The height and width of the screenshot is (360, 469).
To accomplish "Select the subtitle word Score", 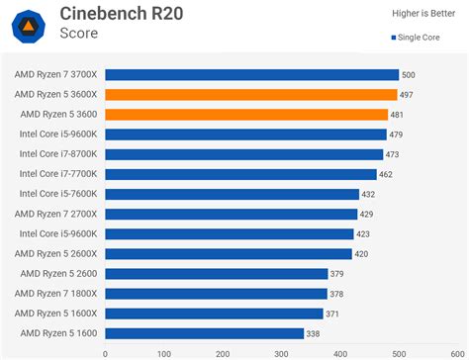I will [x=78, y=33].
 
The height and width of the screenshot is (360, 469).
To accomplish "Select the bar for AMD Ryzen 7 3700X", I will [x=251, y=74].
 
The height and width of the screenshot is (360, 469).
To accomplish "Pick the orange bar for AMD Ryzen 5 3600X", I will [x=250, y=95].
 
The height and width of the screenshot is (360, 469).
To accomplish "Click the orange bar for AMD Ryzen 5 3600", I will [x=246, y=115].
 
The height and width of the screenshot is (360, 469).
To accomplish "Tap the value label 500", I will [x=408, y=75].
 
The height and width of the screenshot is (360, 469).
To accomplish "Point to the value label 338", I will [x=313, y=334].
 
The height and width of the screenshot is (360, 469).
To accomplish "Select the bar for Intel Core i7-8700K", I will [x=243, y=154].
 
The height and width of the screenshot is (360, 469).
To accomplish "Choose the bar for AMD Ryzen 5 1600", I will [x=204, y=333].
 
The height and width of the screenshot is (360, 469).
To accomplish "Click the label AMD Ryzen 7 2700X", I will [x=56, y=214].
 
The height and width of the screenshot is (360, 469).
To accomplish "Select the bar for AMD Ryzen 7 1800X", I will [x=216, y=294].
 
